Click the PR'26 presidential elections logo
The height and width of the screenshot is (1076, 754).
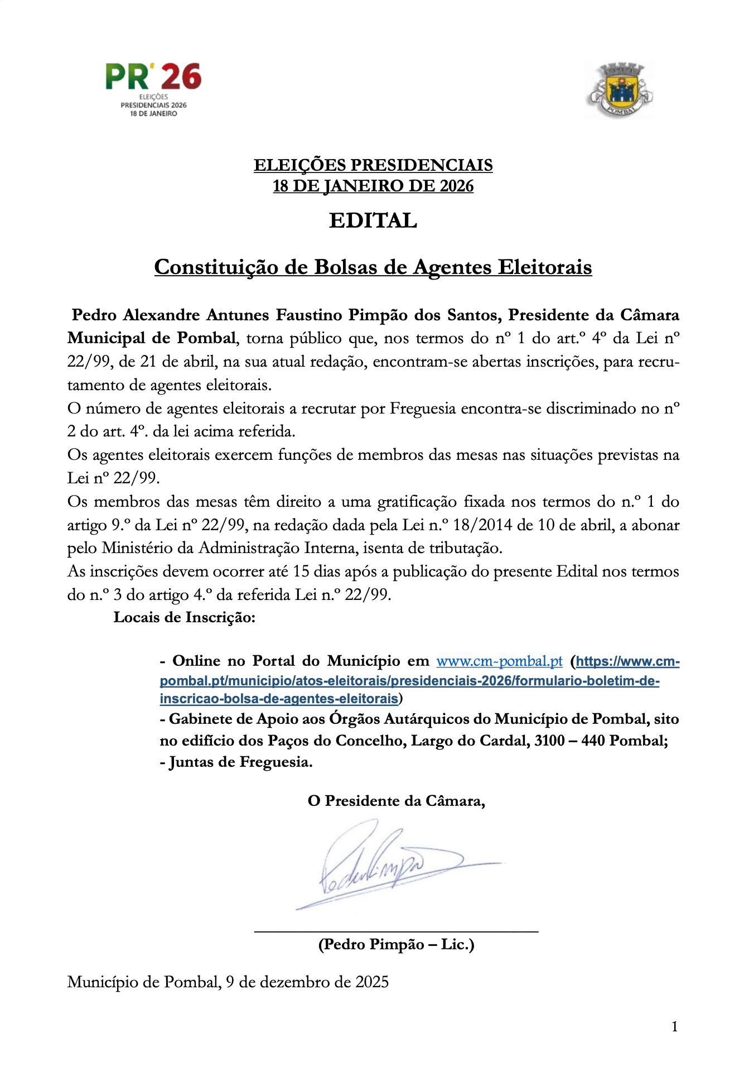(x=153, y=89)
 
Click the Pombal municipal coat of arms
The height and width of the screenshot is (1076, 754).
(x=619, y=90)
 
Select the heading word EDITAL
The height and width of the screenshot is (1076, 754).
(x=373, y=221)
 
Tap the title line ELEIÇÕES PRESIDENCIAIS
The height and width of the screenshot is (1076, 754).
(x=373, y=165)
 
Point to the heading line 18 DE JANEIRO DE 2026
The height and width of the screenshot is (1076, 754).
(x=373, y=186)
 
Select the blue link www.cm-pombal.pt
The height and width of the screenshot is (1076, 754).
(x=499, y=661)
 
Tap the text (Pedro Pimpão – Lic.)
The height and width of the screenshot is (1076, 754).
(x=396, y=944)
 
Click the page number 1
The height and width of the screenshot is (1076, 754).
(x=675, y=1026)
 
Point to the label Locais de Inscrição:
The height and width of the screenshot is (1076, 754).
(x=185, y=617)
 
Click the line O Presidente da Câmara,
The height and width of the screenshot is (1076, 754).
(x=396, y=801)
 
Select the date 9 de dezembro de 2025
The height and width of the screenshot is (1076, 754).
(x=307, y=982)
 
